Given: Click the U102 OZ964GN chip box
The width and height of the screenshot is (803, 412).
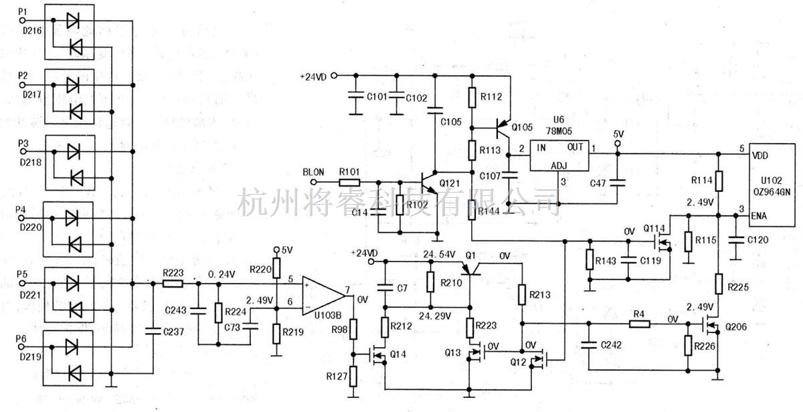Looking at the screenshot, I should [772, 185].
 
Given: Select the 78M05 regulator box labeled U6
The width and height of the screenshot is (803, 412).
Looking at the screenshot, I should [559, 155].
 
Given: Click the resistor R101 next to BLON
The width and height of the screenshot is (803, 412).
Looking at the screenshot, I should [349, 181].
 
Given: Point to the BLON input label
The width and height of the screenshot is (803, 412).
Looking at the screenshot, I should [313, 172].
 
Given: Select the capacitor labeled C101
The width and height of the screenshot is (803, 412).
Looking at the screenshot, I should [352, 96].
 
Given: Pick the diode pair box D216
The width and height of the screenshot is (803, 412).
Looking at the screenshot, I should [70, 32].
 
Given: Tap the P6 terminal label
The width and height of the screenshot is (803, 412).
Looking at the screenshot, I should [22, 340].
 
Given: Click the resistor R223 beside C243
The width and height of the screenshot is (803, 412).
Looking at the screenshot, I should [173, 284].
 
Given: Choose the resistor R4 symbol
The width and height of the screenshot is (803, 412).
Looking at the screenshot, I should [639, 324].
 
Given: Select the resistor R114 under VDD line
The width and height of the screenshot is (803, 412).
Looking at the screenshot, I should [718, 181].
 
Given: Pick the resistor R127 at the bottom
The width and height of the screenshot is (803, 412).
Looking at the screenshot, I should [355, 377].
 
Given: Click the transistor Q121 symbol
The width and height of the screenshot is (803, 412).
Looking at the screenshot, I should [428, 182].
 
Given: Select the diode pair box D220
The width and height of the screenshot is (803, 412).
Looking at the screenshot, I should [70, 229].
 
